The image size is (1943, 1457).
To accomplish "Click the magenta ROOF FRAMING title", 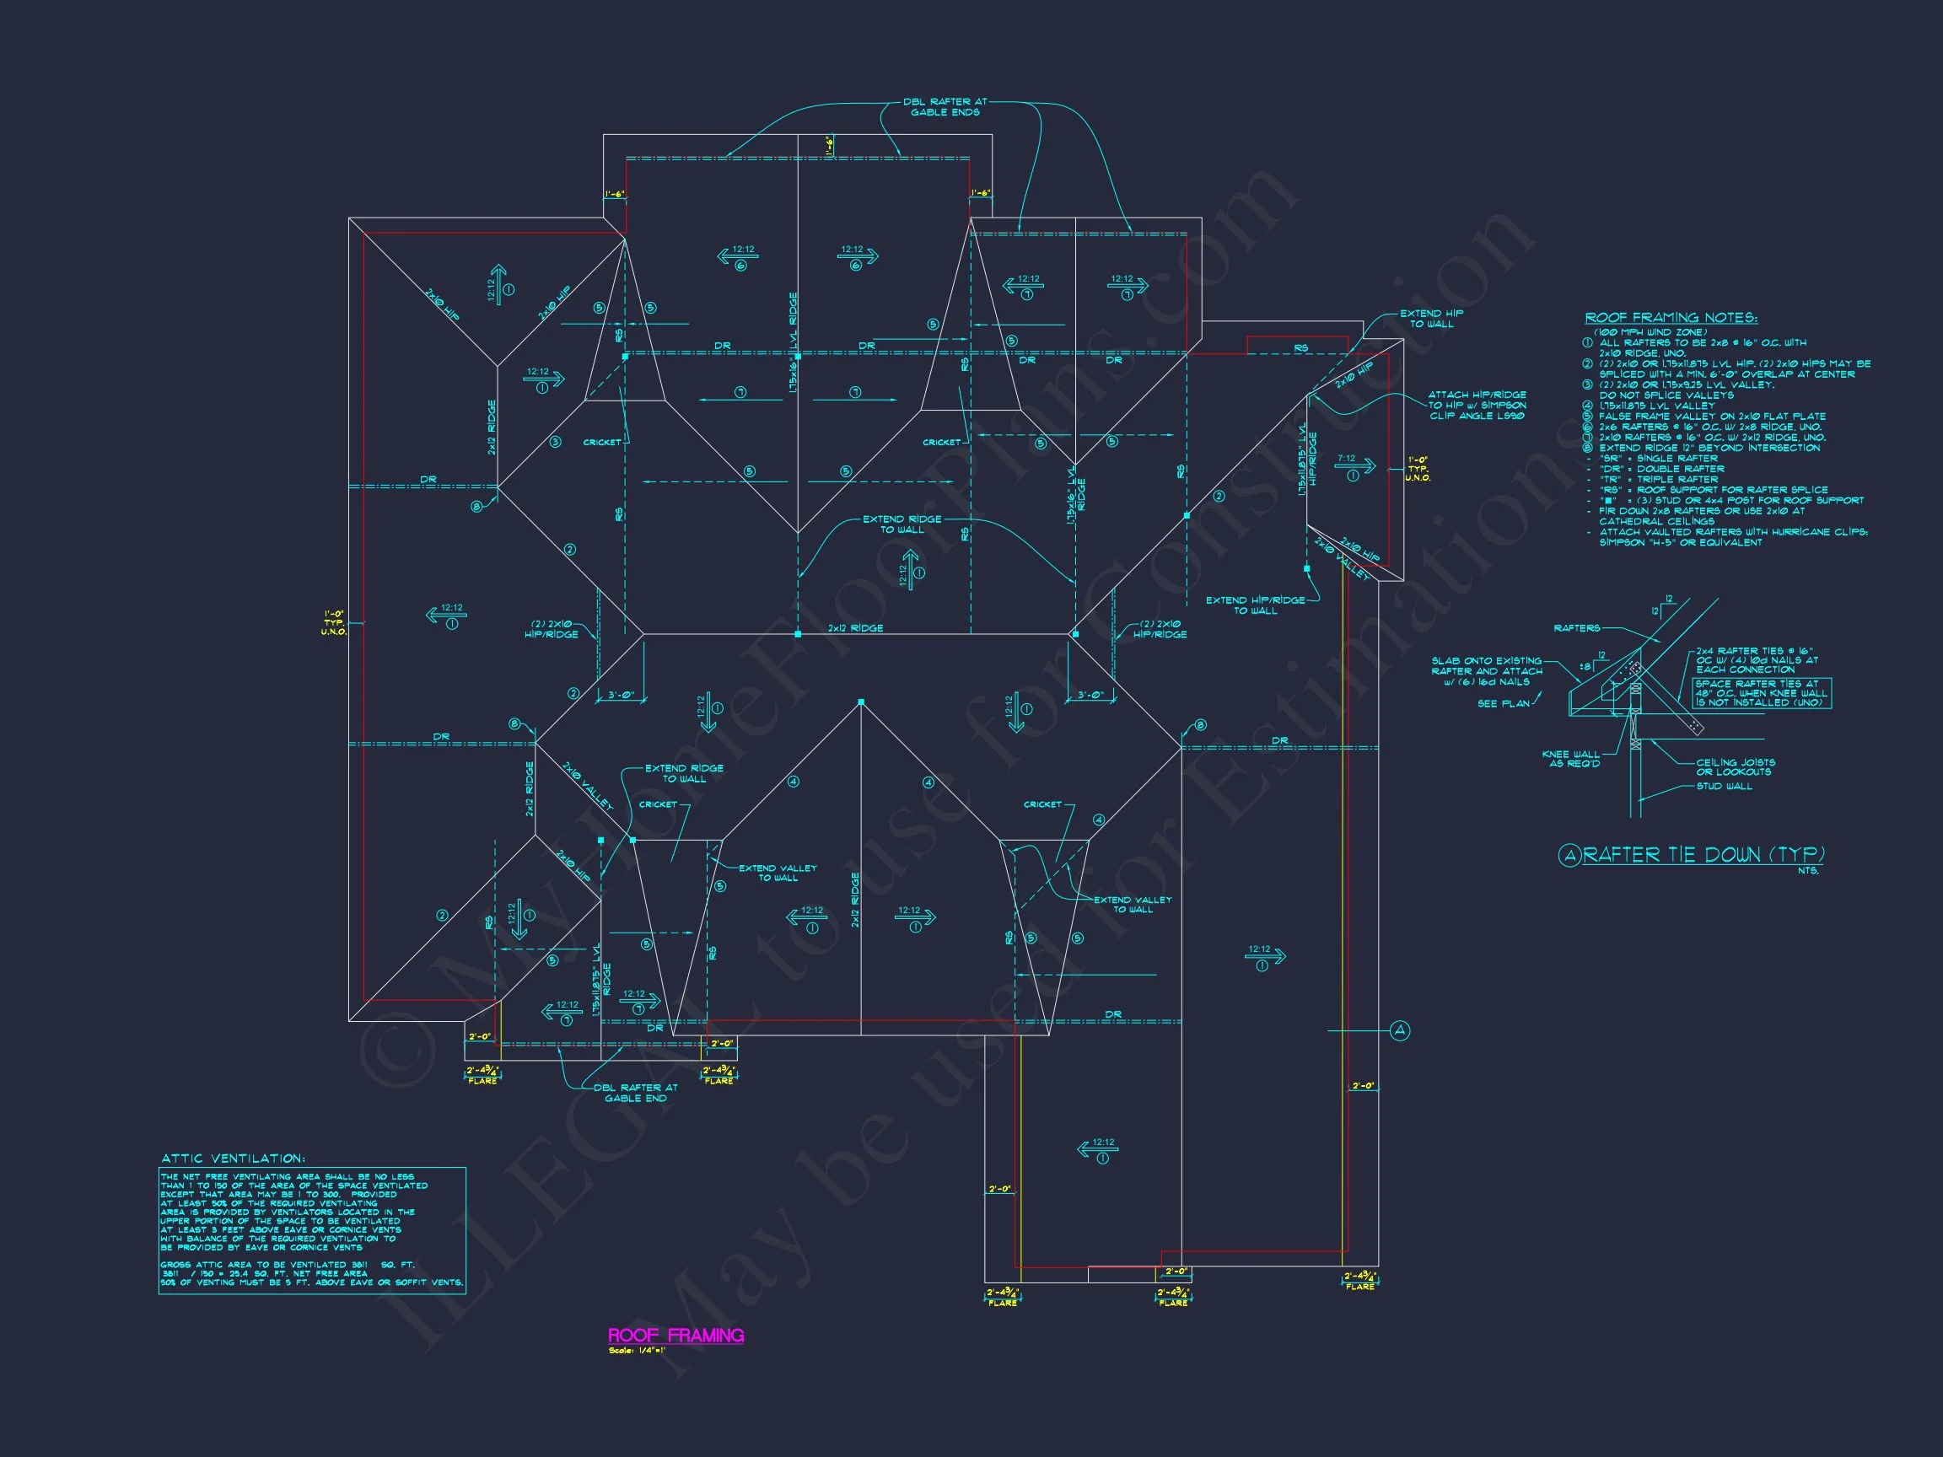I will click(x=675, y=1336).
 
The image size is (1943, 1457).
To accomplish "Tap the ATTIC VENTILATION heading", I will click(x=233, y=1159).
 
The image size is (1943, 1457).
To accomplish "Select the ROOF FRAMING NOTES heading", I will click(x=1670, y=318).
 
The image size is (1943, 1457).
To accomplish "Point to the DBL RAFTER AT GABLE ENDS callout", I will click(x=945, y=107).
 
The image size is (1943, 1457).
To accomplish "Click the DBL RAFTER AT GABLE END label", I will click(x=635, y=1093).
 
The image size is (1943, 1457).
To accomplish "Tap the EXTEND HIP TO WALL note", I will click(x=1431, y=319).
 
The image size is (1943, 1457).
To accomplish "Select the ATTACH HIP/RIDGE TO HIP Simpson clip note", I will click(x=1477, y=405).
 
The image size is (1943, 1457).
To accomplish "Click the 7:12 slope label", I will click(x=1346, y=459).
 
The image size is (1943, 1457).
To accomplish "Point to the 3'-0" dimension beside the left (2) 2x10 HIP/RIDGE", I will click(x=621, y=695).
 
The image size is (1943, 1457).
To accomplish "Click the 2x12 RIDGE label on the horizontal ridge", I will click(x=854, y=628).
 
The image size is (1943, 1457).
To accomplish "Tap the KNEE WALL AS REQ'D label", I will click(x=1570, y=759).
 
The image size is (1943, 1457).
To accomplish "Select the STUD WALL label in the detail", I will click(x=1724, y=786).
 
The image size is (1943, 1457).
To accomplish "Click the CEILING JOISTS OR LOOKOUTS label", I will click(x=1735, y=766).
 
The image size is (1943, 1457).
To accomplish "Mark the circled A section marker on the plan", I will click(x=1401, y=1030).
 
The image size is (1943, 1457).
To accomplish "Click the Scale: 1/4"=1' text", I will click(x=637, y=1351).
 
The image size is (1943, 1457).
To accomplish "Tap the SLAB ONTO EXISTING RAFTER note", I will click(x=1486, y=671).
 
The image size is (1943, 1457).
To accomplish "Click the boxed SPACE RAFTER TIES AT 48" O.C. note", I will click(x=1761, y=693).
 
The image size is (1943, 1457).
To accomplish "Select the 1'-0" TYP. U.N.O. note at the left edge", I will click(x=334, y=622).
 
